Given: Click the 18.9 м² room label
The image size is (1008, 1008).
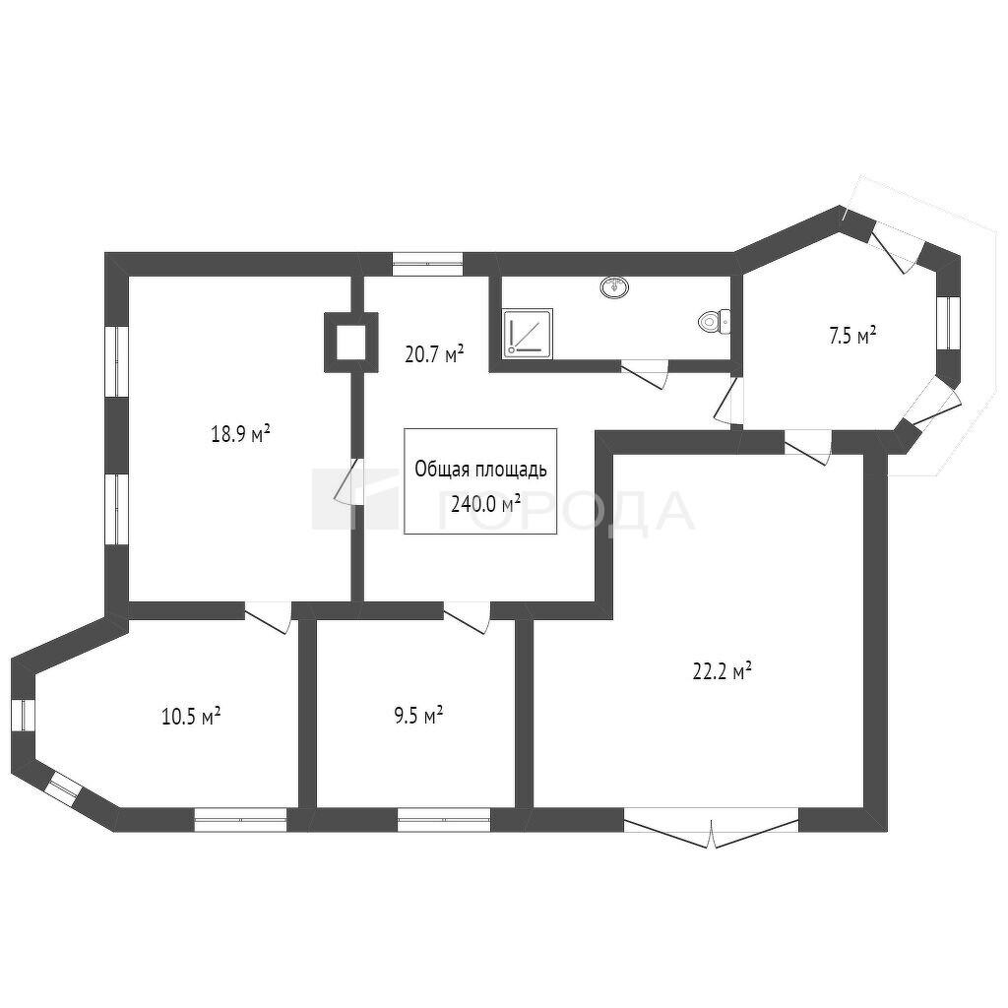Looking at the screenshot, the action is click(240, 434).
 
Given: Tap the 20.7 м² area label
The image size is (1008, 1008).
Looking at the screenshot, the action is click(434, 354).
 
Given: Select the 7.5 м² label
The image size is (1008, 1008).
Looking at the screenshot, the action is click(853, 337).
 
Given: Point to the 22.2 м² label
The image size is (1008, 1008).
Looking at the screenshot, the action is click(723, 671).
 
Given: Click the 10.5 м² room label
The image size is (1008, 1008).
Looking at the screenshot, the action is click(192, 716).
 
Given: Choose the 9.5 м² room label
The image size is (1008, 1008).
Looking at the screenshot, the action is click(418, 716).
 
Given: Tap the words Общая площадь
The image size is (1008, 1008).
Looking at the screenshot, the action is click(480, 470).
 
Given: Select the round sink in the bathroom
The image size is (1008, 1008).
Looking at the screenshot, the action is click(615, 286).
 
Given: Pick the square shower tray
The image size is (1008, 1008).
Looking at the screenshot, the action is click(528, 333).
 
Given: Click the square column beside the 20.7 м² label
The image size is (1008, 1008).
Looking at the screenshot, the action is click(350, 342).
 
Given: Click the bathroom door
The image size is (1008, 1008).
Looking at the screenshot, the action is click(645, 374).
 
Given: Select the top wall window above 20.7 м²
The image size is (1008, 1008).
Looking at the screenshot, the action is click(427, 264).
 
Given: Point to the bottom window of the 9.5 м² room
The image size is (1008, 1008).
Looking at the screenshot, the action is click(444, 820).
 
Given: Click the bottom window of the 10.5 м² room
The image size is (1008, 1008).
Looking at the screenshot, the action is click(240, 820).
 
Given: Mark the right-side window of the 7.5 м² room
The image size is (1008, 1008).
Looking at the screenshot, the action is click(949, 323).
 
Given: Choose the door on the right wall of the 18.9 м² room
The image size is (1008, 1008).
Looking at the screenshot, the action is click(350, 480).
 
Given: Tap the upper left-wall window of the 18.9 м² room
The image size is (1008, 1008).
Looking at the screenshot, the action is click(117, 361).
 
